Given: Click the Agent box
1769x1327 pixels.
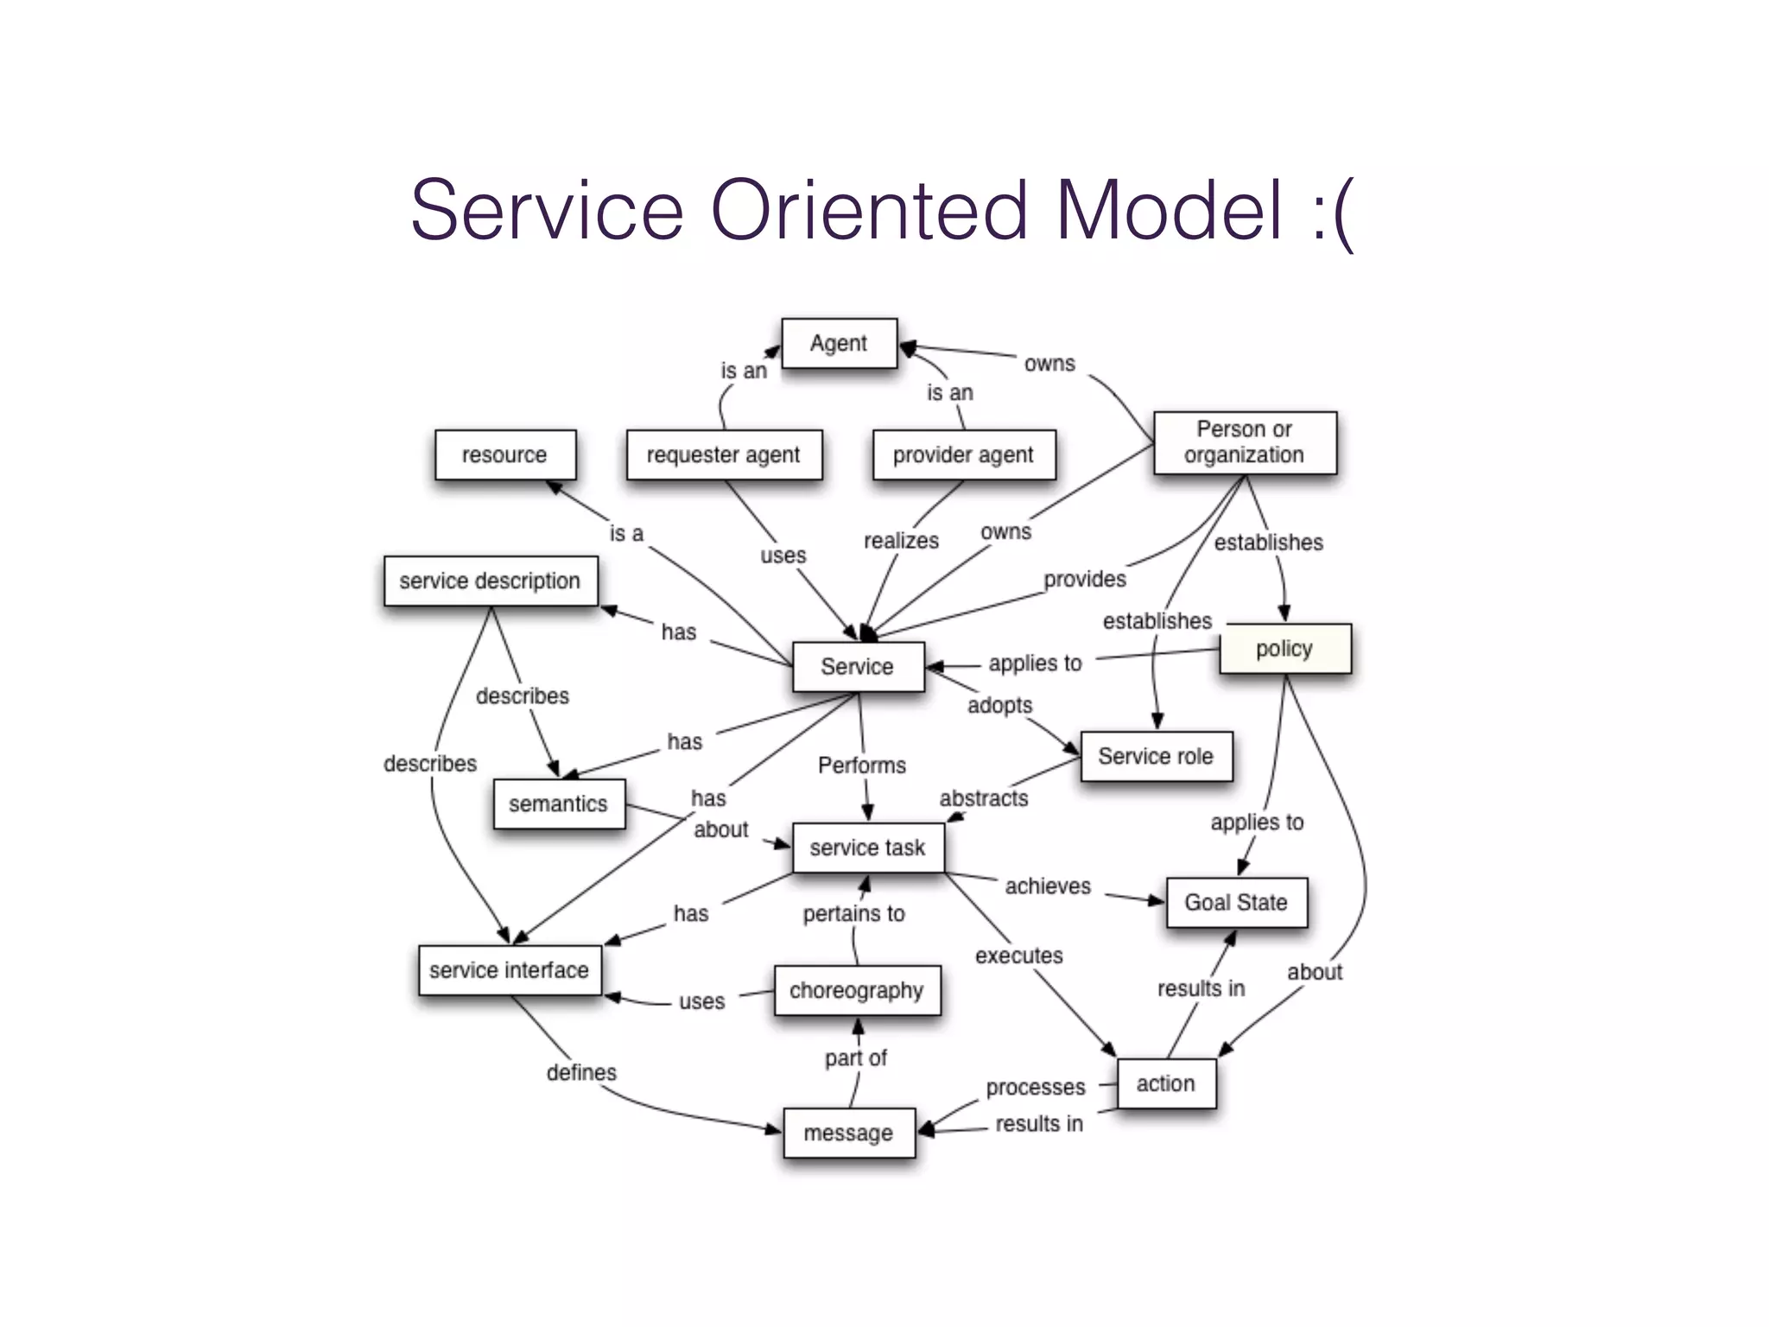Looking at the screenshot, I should click(x=839, y=344).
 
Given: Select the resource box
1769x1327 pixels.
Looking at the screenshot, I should click(x=505, y=454).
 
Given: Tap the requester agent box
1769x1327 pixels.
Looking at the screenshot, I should click(x=724, y=454).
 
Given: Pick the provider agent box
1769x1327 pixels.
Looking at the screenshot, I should click(x=963, y=454).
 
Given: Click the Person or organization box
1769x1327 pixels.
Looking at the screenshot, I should click(x=1245, y=442).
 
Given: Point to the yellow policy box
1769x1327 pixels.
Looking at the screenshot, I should click(x=1284, y=649).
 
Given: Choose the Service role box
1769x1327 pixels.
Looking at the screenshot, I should click(x=1156, y=757).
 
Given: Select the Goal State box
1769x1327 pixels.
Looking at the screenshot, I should click(x=1236, y=903).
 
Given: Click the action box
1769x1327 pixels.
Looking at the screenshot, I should click(x=1166, y=1083).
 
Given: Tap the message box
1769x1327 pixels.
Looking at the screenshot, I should click(x=849, y=1133).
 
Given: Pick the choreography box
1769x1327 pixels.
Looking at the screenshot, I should click(x=857, y=990).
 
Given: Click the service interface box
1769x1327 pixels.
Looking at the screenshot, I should click(x=510, y=970).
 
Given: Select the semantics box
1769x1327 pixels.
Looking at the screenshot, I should click(x=559, y=804).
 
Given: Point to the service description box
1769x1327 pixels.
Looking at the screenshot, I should click(x=490, y=581).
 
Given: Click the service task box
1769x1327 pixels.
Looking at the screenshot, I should click(x=867, y=848).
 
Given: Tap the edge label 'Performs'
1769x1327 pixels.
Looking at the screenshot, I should click(x=862, y=765).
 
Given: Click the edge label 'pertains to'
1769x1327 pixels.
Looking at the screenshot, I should click(x=853, y=913).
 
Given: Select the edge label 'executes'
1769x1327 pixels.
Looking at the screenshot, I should click(x=1019, y=956).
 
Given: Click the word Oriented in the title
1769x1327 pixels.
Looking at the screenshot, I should click(x=869, y=210).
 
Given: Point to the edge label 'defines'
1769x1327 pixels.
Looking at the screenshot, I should click(x=581, y=1072).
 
